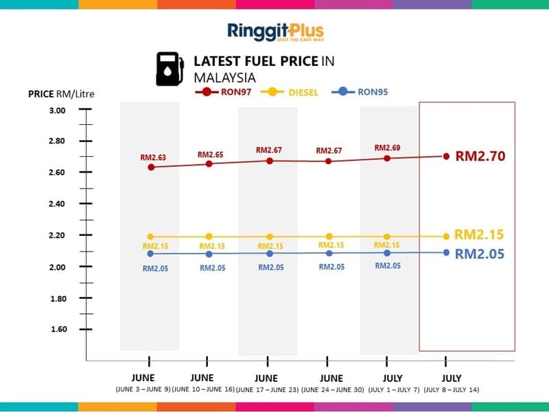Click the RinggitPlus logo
coord(275,32)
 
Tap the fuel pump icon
coord(170,69)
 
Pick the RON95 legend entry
coord(363,91)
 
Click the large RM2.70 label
coord(480,156)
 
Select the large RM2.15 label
coord(479,234)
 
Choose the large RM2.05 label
coord(480,254)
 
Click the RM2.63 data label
coord(153,158)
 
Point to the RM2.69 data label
coord(387,147)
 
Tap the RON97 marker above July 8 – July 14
coord(446,156)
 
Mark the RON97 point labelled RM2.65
coord(209,164)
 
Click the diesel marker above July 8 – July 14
coord(446,236)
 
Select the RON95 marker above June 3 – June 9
coord(151,254)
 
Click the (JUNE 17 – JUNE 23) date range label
coord(266,390)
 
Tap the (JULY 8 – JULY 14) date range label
coord(452,390)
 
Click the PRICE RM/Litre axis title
coord(60,94)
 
